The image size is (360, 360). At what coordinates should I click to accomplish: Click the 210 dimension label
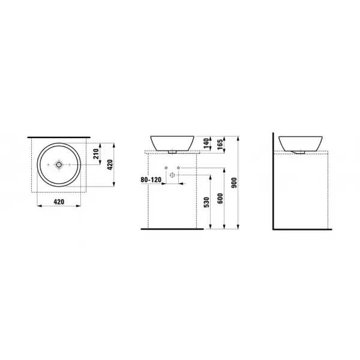click(x=97, y=154)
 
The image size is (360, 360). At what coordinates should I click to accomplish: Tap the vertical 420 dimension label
click(x=110, y=164)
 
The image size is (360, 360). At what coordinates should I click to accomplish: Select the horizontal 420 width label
click(x=59, y=202)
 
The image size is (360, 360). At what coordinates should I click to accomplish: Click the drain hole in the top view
click(x=59, y=164)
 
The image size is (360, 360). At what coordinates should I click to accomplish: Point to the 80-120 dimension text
click(x=151, y=179)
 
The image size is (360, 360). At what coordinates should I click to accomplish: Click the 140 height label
click(x=206, y=143)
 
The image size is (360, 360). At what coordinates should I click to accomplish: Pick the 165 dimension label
click(x=220, y=145)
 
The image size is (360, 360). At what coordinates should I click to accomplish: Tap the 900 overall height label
click(x=234, y=183)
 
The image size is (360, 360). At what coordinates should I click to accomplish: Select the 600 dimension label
click(x=220, y=199)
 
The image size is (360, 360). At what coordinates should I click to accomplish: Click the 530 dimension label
click(x=206, y=202)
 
